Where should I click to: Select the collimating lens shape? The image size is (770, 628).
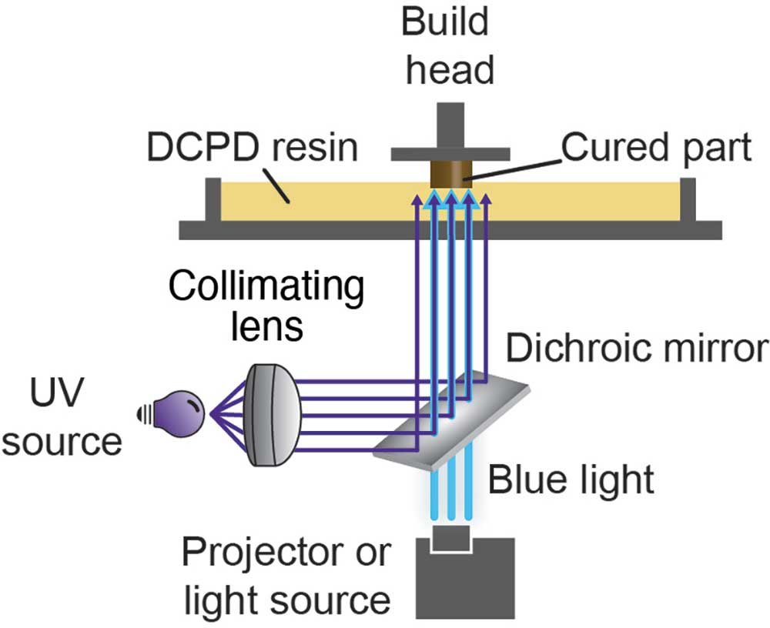[x=275, y=415]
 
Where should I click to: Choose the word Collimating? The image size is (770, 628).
[x=266, y=288]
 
